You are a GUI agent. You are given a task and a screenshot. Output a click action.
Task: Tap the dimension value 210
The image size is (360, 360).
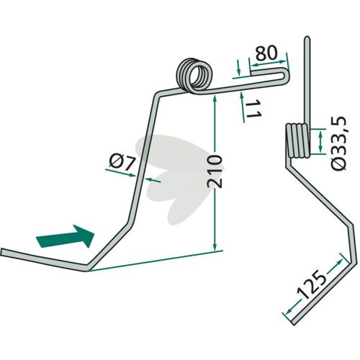tap(215, 171)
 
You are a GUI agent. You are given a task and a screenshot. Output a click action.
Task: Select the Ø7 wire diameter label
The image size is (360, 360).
tap(122, 162)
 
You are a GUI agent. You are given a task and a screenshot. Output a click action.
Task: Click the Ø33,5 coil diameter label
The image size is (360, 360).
tap(338, 143)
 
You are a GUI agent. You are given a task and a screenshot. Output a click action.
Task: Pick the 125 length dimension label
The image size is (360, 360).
tap(312, 285)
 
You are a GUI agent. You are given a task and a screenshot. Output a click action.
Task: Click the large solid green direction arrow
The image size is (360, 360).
tap(65, 236)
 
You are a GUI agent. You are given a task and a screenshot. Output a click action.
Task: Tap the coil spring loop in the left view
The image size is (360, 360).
tap(194, 76)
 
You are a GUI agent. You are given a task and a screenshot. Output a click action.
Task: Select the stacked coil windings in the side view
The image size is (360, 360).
tap(297, 140)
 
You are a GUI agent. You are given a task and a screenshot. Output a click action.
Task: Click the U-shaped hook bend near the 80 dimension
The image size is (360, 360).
tap(287, 76)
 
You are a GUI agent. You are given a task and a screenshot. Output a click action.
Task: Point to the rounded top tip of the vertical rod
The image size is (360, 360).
tap(307, 37)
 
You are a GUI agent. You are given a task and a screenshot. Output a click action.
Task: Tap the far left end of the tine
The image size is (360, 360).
tap(2, 252)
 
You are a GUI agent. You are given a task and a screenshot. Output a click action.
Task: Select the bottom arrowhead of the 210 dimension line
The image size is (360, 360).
tap(215, 246)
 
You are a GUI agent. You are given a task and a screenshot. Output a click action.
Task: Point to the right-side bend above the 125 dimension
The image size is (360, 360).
tap(350, 225)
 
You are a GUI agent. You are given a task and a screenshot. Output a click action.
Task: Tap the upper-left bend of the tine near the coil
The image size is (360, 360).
tap(157, 94)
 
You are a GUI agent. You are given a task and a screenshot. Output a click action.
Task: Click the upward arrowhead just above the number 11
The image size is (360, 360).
tap(241, 95)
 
